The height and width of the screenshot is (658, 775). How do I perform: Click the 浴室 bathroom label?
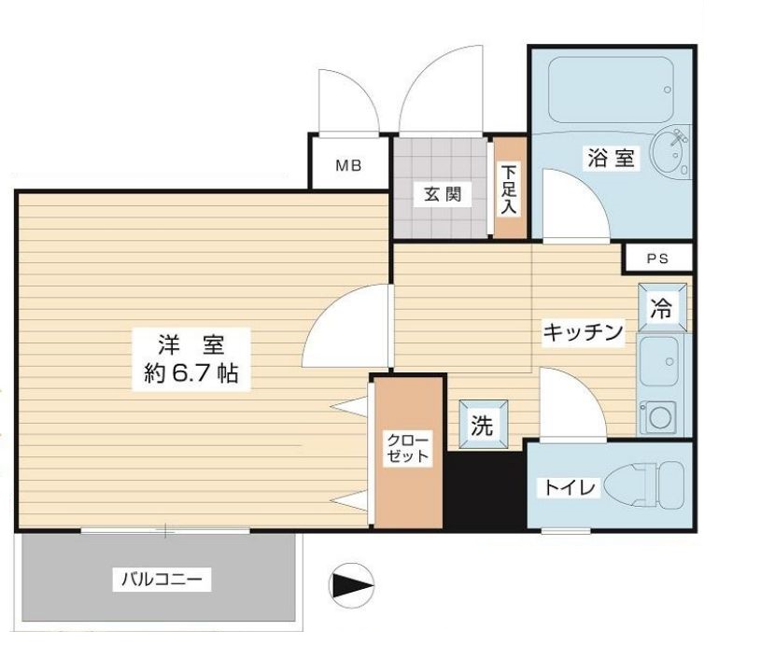tap(611, 158)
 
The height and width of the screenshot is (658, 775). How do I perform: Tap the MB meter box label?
tap(348, 167)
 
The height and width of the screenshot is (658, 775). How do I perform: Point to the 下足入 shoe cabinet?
tap(510, 189)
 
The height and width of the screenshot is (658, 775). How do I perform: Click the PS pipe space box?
tap(657, 259)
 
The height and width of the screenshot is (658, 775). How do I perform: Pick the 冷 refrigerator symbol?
tap(661, 309)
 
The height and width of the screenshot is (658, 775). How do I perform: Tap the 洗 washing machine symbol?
tap(482, 426)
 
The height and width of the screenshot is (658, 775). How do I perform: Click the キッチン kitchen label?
tap(583, 332)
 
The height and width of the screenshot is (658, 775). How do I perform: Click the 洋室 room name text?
tap(190, 343)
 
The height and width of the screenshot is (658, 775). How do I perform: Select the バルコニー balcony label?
tap(161, 580)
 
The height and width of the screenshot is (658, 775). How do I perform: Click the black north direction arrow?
tap(352, 586)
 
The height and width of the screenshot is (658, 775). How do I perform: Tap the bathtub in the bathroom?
tap(608, 91)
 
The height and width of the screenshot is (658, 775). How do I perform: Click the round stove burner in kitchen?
tap(661, 415)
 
